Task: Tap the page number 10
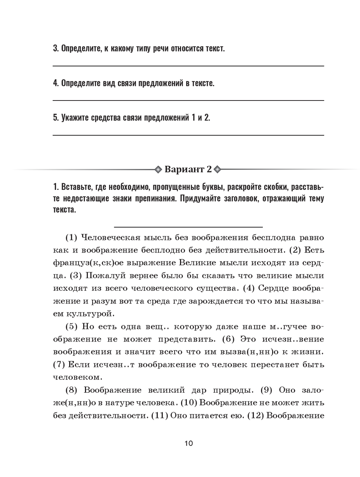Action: pos(189,443)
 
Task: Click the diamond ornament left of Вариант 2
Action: pos(158,169)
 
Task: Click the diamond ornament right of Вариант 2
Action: pos(218,169)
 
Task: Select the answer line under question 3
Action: pos(188,66)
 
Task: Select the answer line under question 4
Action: pos(188,101)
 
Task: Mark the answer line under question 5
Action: pos(188,135)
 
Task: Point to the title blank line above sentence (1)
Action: pos(188,227)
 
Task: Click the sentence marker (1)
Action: pos(71,238)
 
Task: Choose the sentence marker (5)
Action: pos(71,327)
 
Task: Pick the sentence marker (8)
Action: pos(71,390)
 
